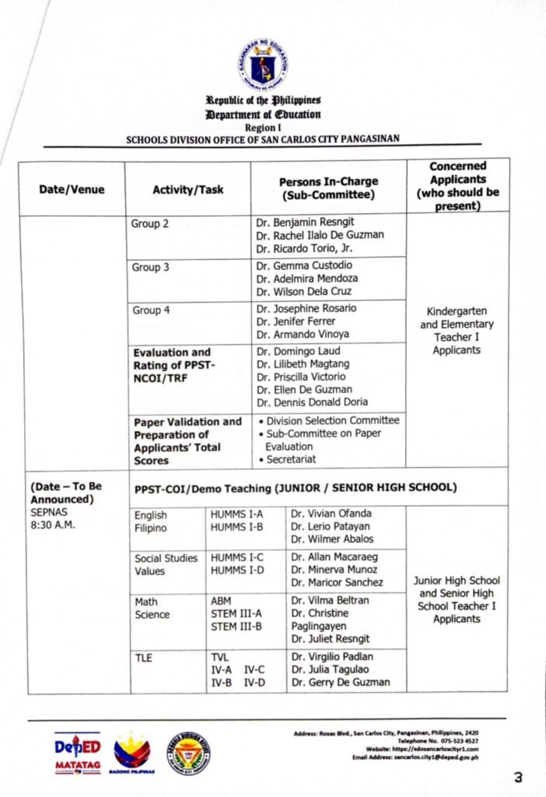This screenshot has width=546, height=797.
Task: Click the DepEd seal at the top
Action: point(262,66)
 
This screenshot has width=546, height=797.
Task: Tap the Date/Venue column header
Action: point(72,189)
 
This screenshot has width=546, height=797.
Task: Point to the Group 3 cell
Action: point(151,267)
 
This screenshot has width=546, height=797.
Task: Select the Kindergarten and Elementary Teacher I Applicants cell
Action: point(457,331)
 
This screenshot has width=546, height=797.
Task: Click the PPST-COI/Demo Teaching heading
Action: point(295,487)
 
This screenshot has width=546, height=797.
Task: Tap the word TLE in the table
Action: point(143,658)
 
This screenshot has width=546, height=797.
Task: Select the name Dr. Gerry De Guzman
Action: point(341,683)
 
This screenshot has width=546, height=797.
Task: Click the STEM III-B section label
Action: point(236,627)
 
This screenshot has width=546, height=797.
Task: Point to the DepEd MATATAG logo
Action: point(77,753)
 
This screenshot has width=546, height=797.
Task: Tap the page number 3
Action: point(518,776)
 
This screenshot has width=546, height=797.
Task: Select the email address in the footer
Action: point(415,757)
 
